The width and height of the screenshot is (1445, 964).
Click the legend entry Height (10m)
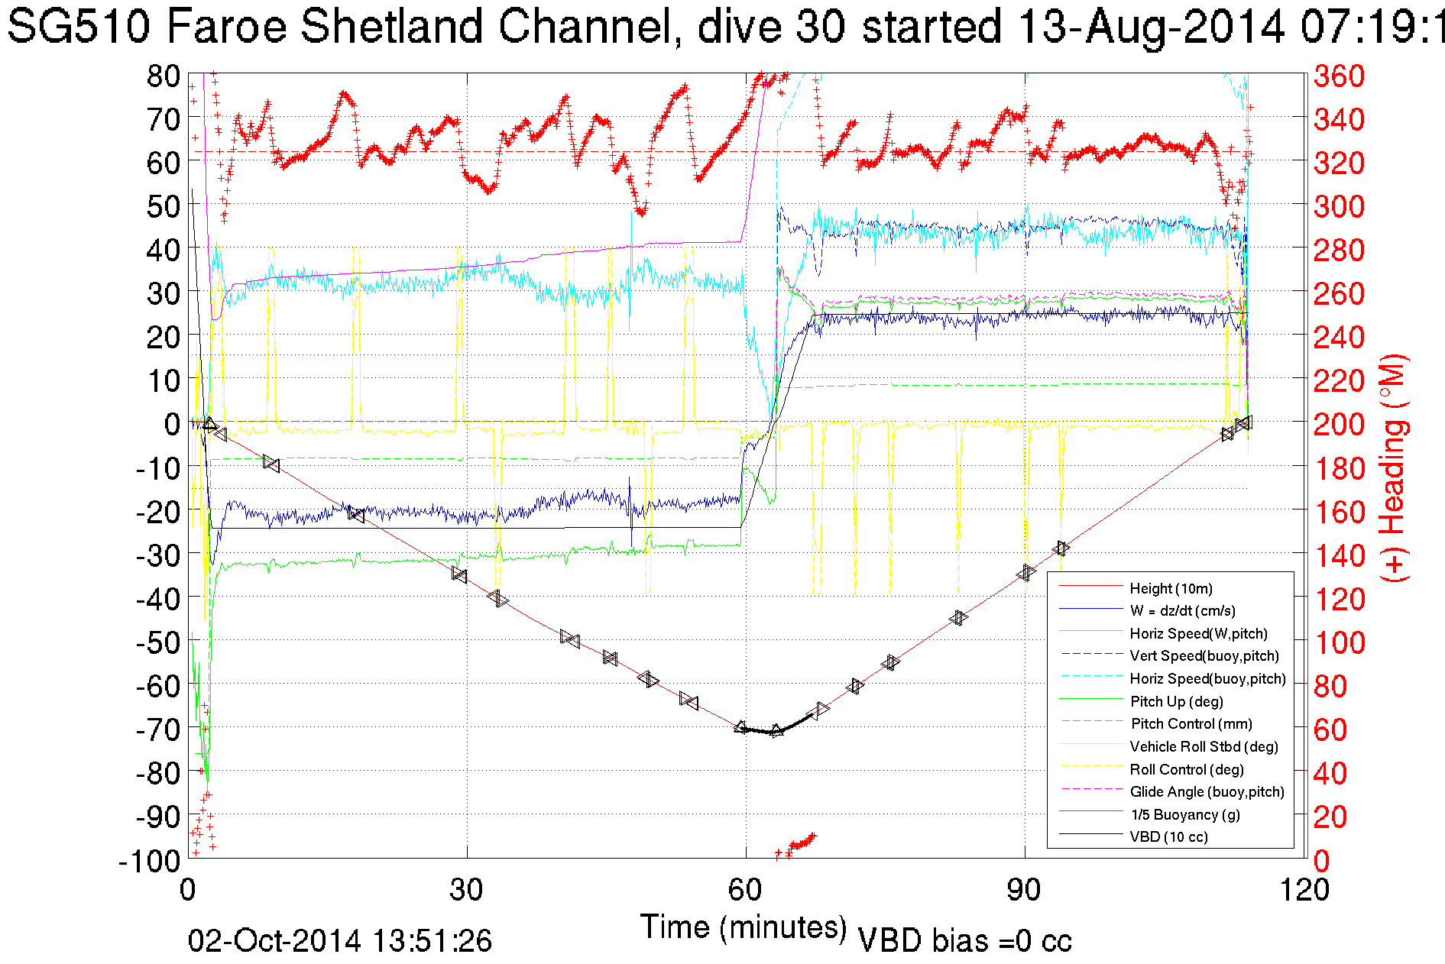point(1171,588)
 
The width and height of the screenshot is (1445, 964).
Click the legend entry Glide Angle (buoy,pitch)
point(1207,791)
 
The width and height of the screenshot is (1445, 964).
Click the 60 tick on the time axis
point(745,890)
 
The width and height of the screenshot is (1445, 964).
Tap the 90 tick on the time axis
point(1023,890)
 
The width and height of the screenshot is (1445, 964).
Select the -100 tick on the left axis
point(149,861)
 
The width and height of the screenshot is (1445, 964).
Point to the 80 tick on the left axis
point(163,76)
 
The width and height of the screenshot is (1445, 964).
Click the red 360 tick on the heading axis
point(1339,76)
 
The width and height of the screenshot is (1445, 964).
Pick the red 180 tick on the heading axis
point(1339,468)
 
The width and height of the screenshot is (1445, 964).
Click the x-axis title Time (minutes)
point(744,927)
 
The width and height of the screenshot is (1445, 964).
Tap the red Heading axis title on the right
point(1393,467)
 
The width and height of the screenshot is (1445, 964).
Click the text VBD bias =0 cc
point(964,941)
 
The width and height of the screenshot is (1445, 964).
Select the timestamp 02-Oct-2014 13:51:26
point(340,941)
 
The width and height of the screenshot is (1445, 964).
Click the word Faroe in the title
point(225,26)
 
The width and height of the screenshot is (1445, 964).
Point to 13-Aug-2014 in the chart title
point(1151,26)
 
